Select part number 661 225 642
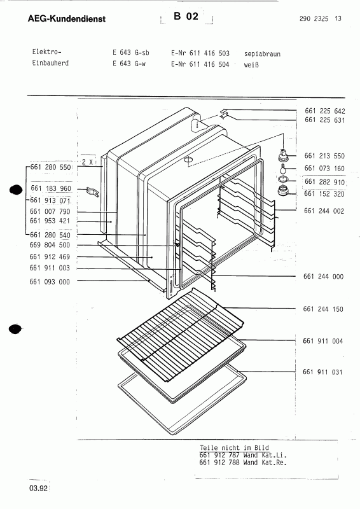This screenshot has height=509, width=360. coord(324,111)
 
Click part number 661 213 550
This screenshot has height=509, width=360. coord(324,156)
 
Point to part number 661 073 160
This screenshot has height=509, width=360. coord(324,169)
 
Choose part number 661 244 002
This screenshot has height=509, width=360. coord(324,211)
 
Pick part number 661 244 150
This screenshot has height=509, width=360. coord(324,309)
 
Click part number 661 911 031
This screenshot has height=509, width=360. coord(324,372)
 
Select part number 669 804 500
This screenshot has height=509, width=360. coord(50,245)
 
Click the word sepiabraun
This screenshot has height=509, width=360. coord(262,54)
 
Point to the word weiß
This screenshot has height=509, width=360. coord(250,64)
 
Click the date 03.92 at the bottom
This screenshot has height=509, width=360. coord(38,489)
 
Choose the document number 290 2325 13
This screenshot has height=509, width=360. coord(319,19)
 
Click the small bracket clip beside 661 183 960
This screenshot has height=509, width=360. coord(94,190)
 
